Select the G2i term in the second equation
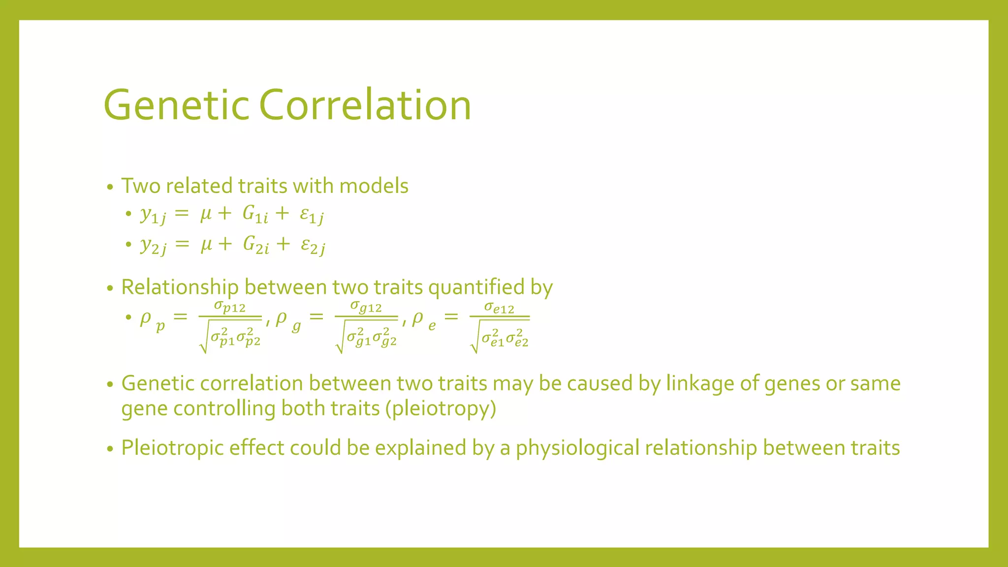pos(256,245)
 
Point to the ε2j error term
pos(313,246)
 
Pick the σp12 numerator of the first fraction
pos(230,307)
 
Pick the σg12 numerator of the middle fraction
pos(366,307)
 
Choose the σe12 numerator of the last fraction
pos(500,308)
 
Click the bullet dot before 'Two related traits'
pos(110,187)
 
